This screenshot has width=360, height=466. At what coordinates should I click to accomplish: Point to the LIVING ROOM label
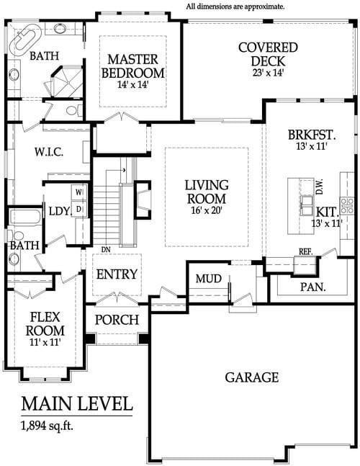point(205,192)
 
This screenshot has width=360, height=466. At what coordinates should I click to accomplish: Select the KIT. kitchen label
point(327,212)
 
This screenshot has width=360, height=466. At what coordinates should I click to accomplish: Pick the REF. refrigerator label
point(305,251)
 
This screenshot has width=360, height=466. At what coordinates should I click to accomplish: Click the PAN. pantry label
point(313,287)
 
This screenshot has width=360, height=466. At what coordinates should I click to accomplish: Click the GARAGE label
point(251,377)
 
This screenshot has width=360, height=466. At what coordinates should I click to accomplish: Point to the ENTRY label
point(117,274)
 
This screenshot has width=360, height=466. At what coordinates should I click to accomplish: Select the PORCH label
point(117,319)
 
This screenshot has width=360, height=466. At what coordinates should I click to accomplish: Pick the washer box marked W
point(79,192)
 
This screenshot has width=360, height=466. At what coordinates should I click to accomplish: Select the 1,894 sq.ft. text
point(49,425)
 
